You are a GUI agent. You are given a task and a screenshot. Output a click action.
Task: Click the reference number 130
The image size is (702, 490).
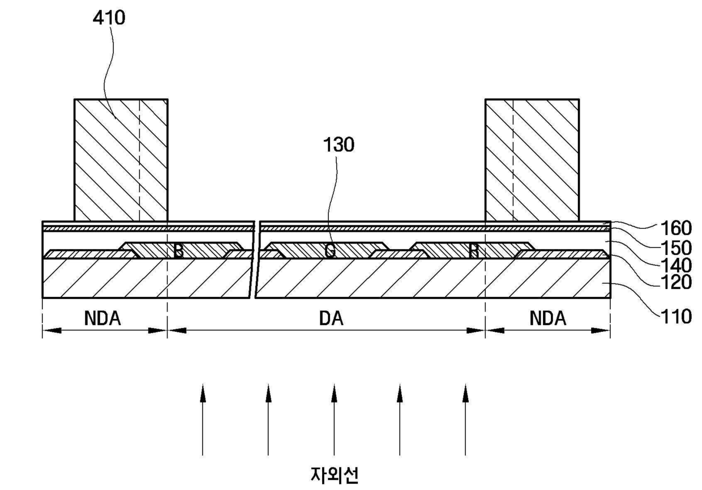tap(338, 145)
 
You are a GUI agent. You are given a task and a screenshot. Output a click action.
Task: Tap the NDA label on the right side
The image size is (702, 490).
tap(547, 319)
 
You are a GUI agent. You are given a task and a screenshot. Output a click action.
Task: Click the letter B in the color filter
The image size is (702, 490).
tap(178, 251)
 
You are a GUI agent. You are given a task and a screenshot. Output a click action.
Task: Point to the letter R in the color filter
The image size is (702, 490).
tap(474, 251)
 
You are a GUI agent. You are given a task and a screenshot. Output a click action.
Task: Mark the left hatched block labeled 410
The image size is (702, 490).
tap(121, 160)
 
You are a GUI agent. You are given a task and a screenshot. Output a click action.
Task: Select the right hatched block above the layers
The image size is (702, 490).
tap(532, 160)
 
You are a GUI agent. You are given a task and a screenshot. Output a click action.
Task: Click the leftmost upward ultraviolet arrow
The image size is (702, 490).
tap(203, 419)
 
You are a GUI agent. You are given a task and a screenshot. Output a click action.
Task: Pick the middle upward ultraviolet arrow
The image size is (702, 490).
tap(334, 419)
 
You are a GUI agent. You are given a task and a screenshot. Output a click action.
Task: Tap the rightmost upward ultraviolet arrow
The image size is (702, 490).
tap(465, 419)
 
